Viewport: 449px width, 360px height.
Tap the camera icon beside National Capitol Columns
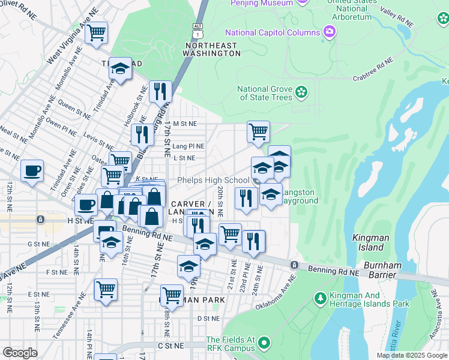329,31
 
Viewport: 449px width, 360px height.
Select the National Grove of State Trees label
265,93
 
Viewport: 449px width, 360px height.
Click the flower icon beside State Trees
302,93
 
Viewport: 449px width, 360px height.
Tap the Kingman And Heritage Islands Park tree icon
321,298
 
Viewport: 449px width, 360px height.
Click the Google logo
20,352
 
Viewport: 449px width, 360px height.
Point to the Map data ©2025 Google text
411,355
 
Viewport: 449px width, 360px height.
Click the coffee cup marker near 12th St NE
32,170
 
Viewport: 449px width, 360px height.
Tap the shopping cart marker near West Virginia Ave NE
95,34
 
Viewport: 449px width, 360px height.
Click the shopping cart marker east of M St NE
258,131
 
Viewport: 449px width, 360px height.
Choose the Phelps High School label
213,181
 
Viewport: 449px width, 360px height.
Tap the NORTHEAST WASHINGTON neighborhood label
212,49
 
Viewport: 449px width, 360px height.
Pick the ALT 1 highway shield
198,28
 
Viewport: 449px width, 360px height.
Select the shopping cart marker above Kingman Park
171,296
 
